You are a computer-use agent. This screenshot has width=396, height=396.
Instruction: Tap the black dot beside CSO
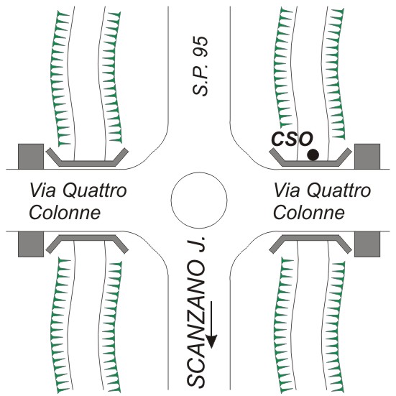click(x=313, y=155)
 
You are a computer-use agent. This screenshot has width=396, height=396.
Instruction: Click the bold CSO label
click(x=292, y=139)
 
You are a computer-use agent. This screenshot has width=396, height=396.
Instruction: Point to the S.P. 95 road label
click(x=201, y=66)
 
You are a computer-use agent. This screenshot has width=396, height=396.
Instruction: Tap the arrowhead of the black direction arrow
click(x=211, y=341)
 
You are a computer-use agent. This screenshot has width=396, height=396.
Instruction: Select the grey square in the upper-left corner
click(x=31, y=157)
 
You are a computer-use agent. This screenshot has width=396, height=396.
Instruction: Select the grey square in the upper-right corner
click(x=367, y=157)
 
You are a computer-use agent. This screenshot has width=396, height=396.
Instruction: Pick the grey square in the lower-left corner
click(x=31, y=244)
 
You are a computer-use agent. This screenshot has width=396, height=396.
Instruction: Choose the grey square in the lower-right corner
click(x=367, y=244)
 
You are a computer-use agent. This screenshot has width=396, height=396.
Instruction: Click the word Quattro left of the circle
click(x=95, y=190)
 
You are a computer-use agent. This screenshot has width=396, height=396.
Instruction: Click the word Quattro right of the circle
click(x=339, y=190)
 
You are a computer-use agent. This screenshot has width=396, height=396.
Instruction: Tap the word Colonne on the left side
click(x=65, y=213)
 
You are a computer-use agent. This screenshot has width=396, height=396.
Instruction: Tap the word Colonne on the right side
click(x=309, y=213)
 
